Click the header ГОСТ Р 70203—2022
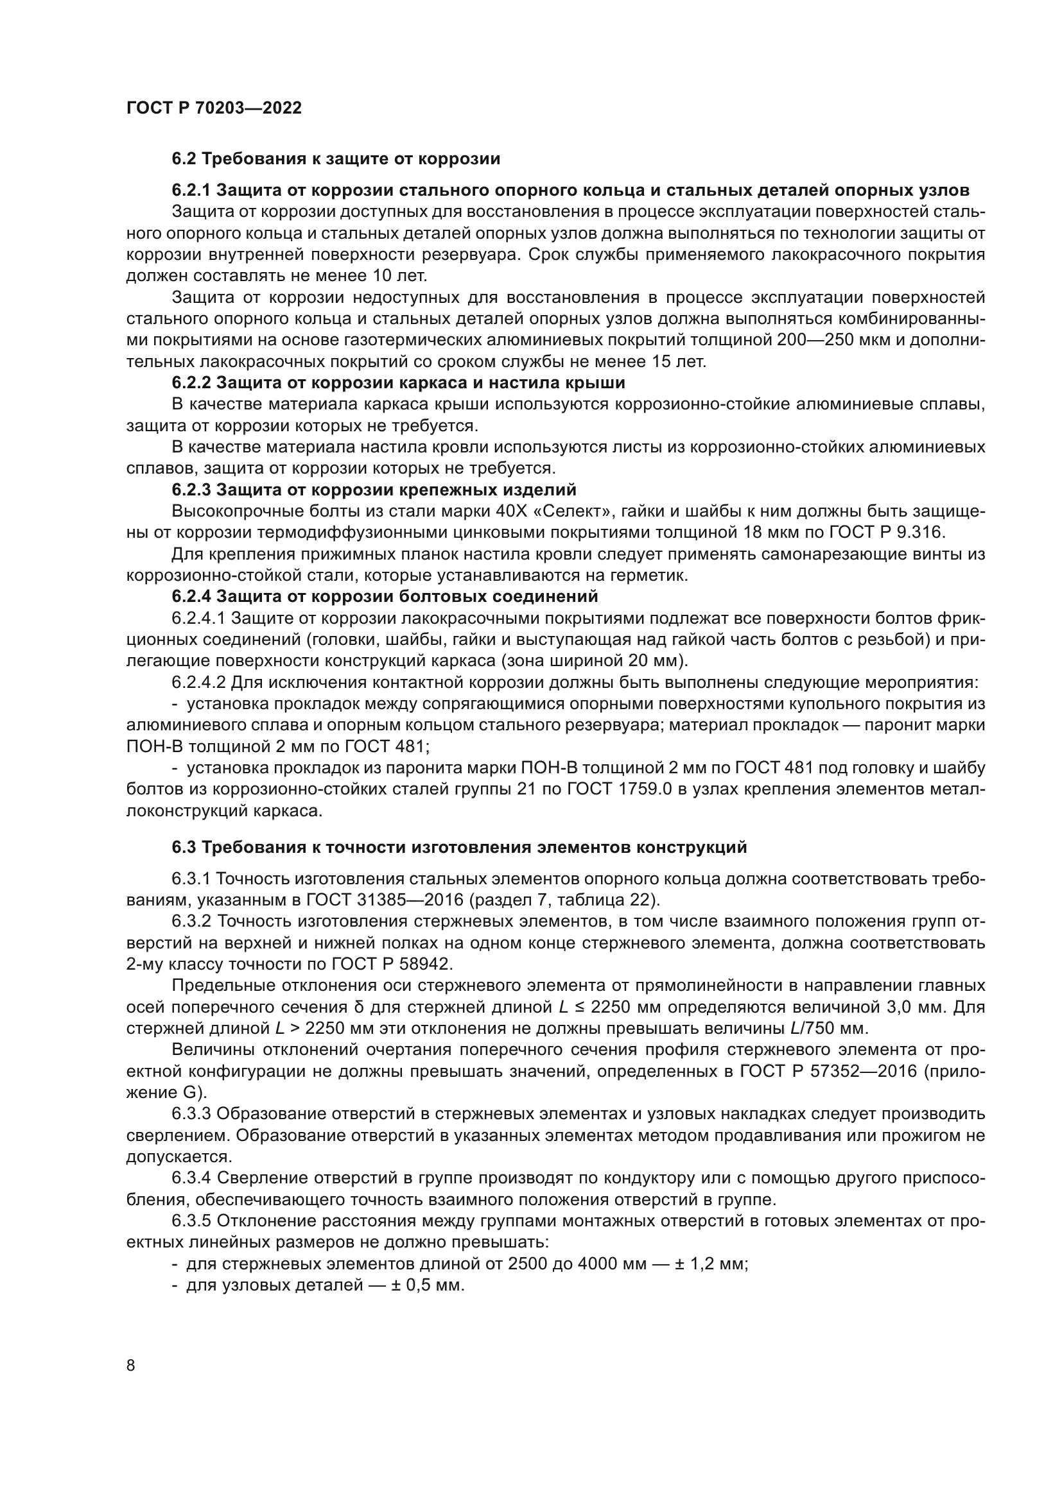[214, 108]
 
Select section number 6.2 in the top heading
[184, 159]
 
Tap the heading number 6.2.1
[191, 190]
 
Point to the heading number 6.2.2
[191, 382]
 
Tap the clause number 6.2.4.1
[199, 618]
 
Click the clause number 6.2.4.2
[199, 683]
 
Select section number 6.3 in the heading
[184, 848]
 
